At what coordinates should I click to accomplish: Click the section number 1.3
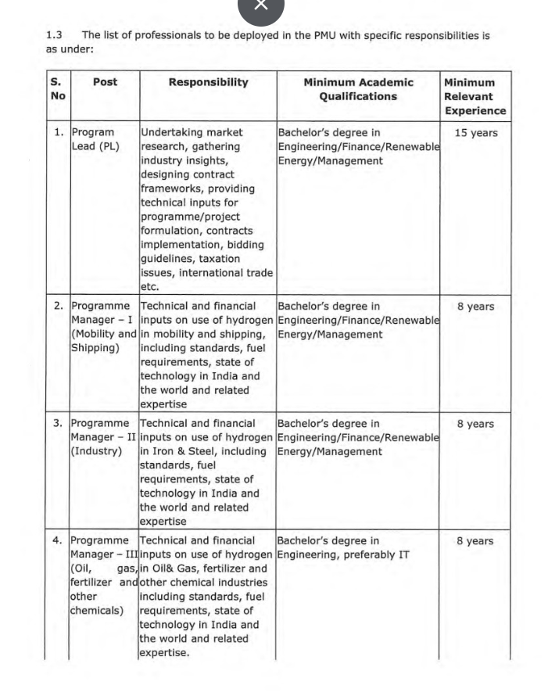54,35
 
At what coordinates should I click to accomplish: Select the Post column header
105,82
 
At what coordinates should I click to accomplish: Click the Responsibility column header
208,82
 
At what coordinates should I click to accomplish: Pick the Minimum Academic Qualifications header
358,89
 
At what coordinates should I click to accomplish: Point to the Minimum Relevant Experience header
469,96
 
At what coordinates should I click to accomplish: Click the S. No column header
58,89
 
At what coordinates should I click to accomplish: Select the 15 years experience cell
475,133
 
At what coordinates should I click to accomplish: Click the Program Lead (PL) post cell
95,139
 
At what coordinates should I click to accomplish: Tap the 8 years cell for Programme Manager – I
475,307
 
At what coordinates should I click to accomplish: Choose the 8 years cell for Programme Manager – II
475,424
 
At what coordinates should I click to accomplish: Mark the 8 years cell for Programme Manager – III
475,540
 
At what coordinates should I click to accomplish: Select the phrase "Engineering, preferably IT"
343,555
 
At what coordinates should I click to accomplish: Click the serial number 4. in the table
58,540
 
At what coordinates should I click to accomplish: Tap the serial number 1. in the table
59,133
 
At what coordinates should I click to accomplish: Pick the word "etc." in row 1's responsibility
150,287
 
